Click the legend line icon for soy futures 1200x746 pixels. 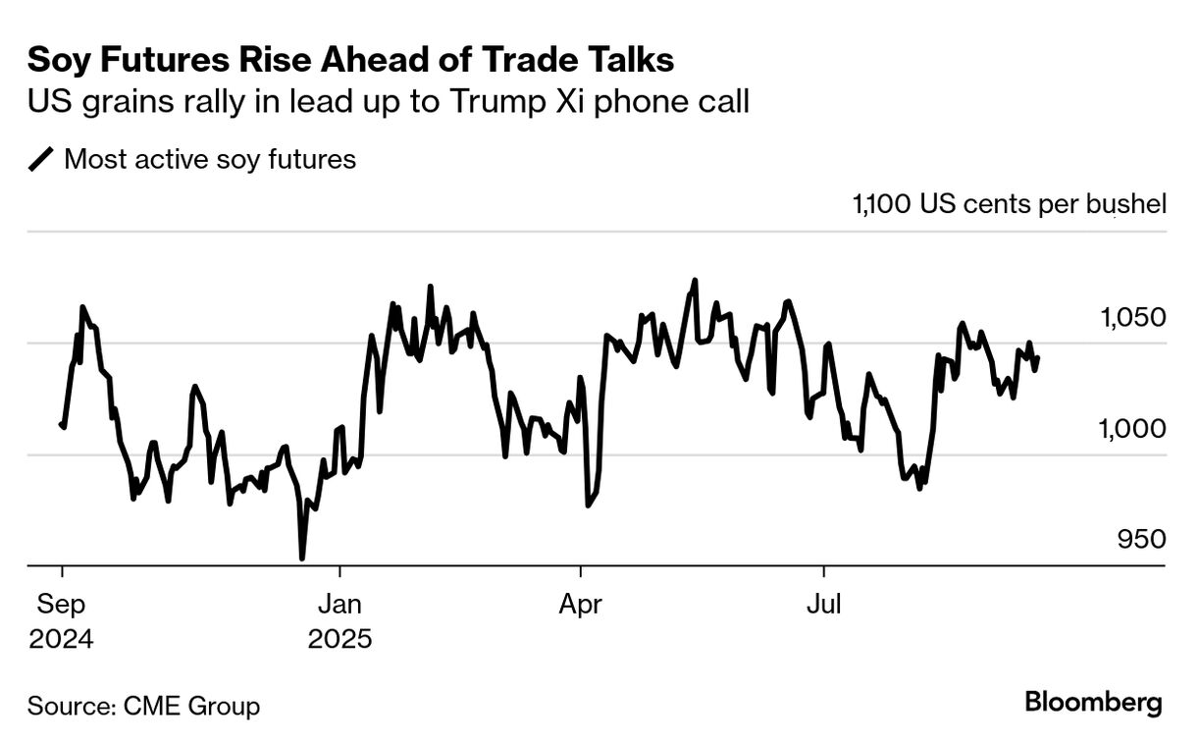(x=41, y=159)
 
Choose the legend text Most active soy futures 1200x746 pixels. (x=210, y=159)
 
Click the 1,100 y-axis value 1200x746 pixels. (x=883, y=204)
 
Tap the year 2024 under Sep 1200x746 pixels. (x=61, y=640)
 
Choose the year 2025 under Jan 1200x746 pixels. (x=339, y=640)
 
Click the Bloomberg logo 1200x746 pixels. (x=1093, y=703)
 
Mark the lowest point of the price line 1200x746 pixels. (x=301, y=559)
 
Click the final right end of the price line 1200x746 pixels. (x=1038, y=357)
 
